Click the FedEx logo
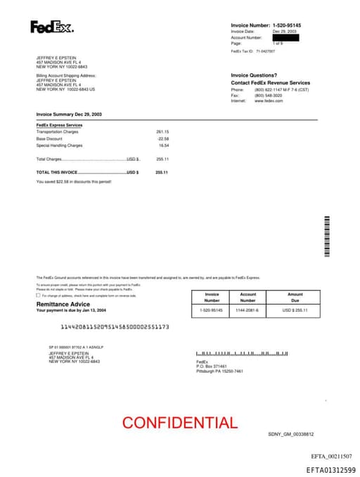tap(51, 27)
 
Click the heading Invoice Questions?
tap(254, 75)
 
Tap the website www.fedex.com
tap(269, 101)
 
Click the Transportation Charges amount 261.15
tap(162, 132)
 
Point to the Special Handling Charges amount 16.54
tap(164, 146)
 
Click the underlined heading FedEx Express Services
tap(59, 125)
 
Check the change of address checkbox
tap(38, 295)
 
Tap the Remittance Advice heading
tap(63, 304)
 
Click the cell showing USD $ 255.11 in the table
tap(295, 310)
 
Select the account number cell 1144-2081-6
tap(248, 310)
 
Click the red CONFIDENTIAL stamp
tap(180, 423)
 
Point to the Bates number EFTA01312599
tap(330, 470)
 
